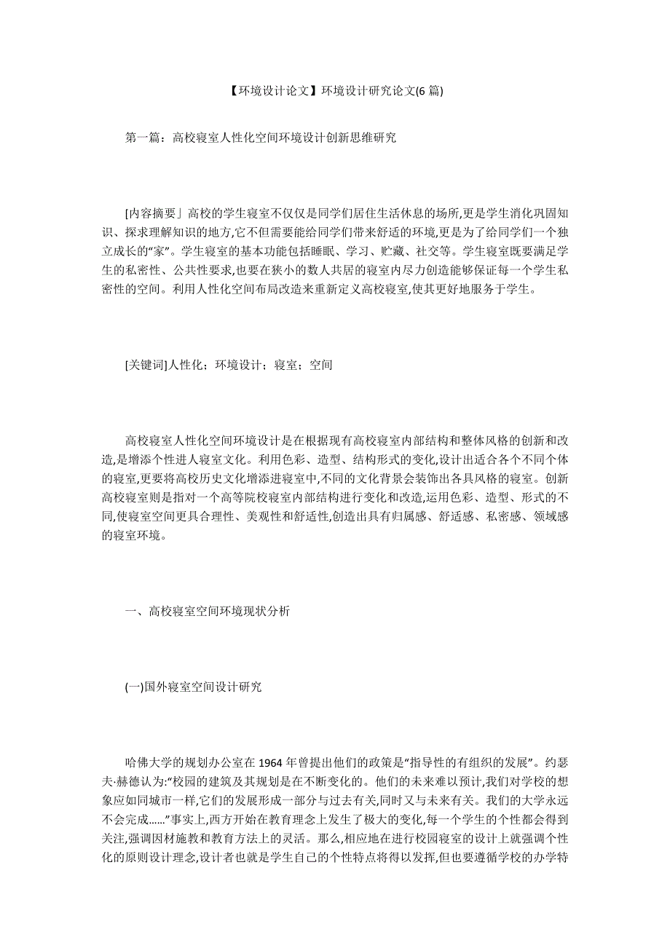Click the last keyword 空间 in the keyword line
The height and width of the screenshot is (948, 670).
pyautogui.click(x=321, y=365)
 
